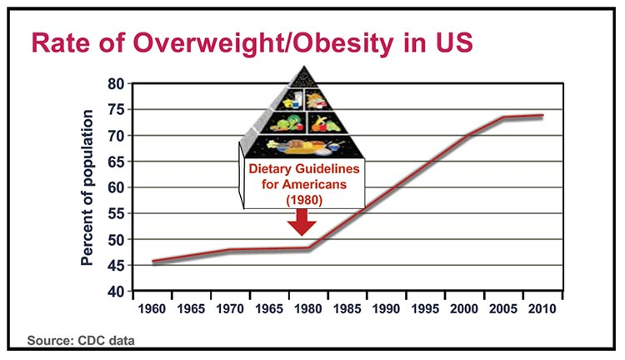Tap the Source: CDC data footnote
point(81,340)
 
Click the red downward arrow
point(302,222)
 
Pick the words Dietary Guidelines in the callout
point(302,167)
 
